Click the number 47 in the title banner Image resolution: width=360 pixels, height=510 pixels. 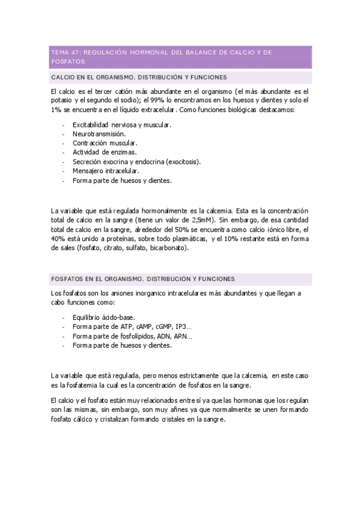tap(76, 53)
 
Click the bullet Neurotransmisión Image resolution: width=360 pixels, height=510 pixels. tap(99, 134)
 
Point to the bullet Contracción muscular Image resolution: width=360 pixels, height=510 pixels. tap(105, 143)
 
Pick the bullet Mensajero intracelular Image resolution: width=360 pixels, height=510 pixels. tap(106, 171)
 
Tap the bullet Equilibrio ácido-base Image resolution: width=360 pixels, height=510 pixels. tap(103, 317)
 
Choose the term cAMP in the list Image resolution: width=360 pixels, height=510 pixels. tap(141, 327)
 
